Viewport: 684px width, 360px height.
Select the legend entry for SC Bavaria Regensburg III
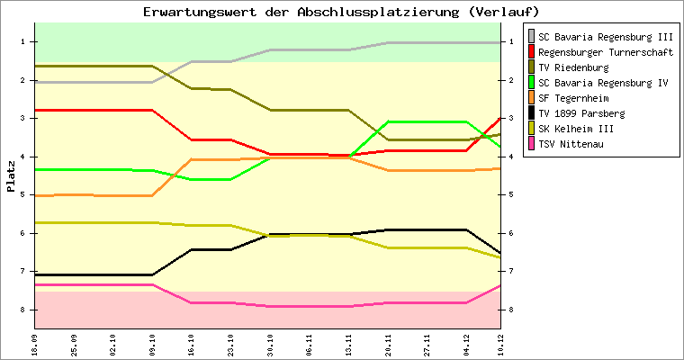605,37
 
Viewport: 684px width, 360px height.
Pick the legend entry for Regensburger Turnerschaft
605,52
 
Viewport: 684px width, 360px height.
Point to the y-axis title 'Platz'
11,175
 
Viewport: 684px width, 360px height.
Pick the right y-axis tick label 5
511,195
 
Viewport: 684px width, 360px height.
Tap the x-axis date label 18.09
35,344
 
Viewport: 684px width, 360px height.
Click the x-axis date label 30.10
270,344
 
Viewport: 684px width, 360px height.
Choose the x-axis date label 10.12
501,344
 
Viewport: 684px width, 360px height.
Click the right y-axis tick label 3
511,119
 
